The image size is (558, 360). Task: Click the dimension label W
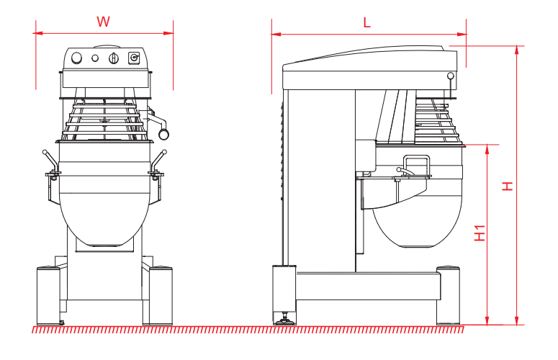[104, 22]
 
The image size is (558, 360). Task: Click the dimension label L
[366, 22]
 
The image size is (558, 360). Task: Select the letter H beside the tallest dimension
[508, 186]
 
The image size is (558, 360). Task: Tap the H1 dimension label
[480, 233]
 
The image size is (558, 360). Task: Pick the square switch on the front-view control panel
[133, 58]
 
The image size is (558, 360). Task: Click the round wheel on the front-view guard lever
[164, 133]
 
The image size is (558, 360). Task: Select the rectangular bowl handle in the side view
[416, 165]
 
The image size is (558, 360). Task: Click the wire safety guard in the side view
[436, 119]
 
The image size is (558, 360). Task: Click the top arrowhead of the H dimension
[517, 48]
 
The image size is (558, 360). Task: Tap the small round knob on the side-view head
[451, 75]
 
